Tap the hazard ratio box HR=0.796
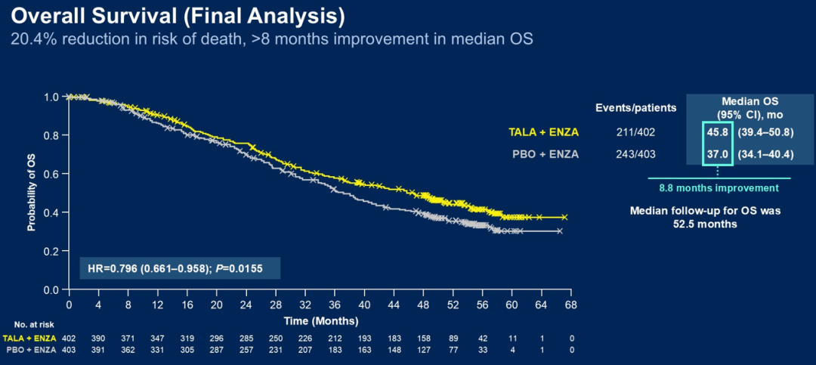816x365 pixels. [x=180, y=268]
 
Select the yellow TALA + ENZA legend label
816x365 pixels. [x=542, y=133]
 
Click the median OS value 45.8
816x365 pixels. [x=716, y=133]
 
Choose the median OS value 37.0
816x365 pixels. [x=716, y=154]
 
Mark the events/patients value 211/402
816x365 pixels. [x=636, y=133]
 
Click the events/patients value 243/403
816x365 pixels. [x=636, y=154]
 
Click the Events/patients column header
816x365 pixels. [x=635, y=107]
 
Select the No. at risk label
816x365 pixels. [x=23, y=323]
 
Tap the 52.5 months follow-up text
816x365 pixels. [x=705, y=224]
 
